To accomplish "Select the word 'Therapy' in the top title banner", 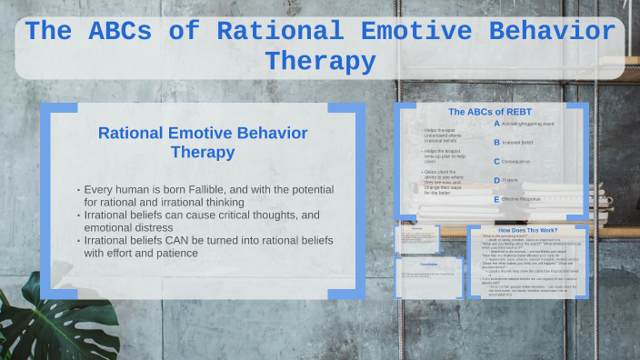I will tap(320, 62).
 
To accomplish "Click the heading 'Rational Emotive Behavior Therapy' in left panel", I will tap(203, 142).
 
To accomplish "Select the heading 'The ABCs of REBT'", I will tap(492, 112).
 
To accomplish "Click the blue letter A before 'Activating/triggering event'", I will tap(496, 123).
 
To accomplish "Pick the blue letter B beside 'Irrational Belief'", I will tap(496, 142).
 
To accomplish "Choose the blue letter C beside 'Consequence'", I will tap(496, 161).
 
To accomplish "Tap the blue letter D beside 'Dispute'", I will tap(496, 180).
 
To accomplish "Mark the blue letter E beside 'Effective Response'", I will tap(496, 198).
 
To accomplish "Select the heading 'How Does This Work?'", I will tap(527, 230).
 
